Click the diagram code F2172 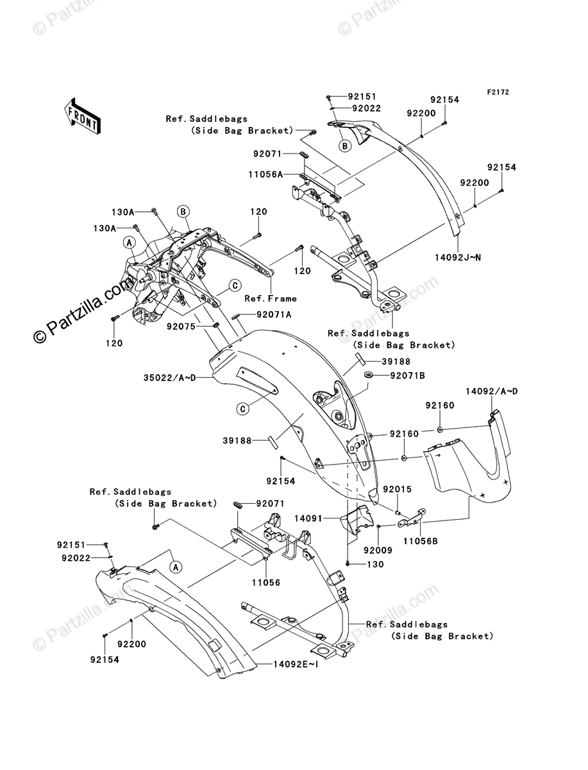pos(497,92)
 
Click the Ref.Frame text pos(271,298)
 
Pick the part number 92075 pos(181,327)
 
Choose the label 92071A pos(274,315)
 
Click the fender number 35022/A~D pos(169,379)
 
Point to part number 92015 pos(398,490)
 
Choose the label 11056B pos(421,542)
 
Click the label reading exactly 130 pos(374,565)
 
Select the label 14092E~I pos(287,665)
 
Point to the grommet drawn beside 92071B pos(370,375)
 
